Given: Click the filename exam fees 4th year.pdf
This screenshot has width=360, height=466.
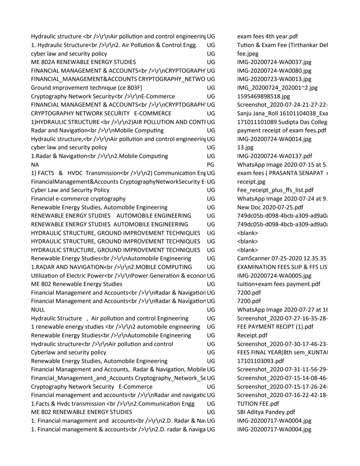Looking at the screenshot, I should point(267,36).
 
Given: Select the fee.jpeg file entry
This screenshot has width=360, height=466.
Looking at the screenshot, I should point(248,53).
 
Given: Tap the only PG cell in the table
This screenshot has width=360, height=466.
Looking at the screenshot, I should point(210,164).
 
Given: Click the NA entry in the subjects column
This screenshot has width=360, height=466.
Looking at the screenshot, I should point(35,164).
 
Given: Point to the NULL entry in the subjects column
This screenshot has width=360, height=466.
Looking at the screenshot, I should point(38,310).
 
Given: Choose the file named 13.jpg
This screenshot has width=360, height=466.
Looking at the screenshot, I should point(245,147).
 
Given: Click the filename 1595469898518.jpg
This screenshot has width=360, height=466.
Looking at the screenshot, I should point(263,96).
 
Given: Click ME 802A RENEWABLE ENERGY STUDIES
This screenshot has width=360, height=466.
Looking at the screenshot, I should point(83,62).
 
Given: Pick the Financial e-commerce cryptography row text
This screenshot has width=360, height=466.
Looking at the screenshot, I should point(78,199).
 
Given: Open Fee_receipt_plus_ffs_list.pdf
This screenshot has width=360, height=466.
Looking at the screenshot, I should point(275,190).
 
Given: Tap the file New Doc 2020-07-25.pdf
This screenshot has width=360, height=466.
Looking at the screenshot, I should point(270,207).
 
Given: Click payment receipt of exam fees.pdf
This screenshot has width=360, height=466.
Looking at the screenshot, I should point(282,130).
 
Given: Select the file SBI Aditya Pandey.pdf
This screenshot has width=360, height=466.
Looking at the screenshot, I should point(266,412).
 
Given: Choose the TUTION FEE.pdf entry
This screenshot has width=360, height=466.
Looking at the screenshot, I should point(258,404).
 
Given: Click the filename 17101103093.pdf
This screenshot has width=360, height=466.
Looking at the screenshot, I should point(260,361).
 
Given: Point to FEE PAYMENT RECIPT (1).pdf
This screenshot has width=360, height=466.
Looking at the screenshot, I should point(275,327).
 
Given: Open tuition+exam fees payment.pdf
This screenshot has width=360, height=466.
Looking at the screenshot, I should point(278,284).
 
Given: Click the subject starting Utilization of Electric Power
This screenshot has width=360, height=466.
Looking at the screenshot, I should point(118,276).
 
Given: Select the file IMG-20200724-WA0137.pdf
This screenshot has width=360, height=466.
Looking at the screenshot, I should point(275,156).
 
